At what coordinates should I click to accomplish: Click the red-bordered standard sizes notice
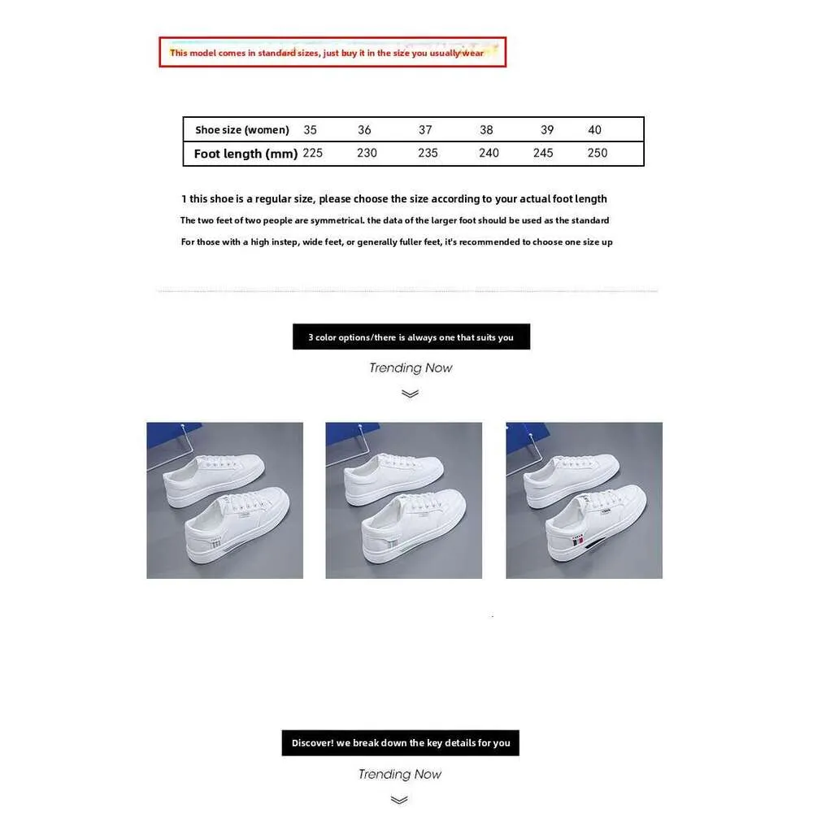click(332, 52)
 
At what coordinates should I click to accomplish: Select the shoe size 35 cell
click(310, 130)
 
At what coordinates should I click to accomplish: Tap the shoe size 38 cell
click(486, 130)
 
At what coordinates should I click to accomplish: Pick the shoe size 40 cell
click(595, 130)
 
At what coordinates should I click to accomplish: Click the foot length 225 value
click(313, 153)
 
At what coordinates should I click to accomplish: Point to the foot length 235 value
click(428, 153)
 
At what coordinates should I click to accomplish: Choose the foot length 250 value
click(598, 153)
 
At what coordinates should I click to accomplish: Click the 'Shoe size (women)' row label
click(242, 130)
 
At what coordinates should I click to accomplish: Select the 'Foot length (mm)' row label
click(246, 154)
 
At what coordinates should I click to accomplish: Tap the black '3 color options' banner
click(411, 337)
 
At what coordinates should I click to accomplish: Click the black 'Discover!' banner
click(401, 742)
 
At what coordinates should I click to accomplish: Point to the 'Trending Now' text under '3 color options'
click(411, 367)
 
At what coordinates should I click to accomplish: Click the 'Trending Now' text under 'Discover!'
click(400, 774)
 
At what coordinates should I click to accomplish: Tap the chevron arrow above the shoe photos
click(411, 393)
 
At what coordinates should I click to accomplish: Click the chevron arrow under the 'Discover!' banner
click(399, 800)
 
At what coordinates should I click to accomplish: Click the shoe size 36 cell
click(364, 130)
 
